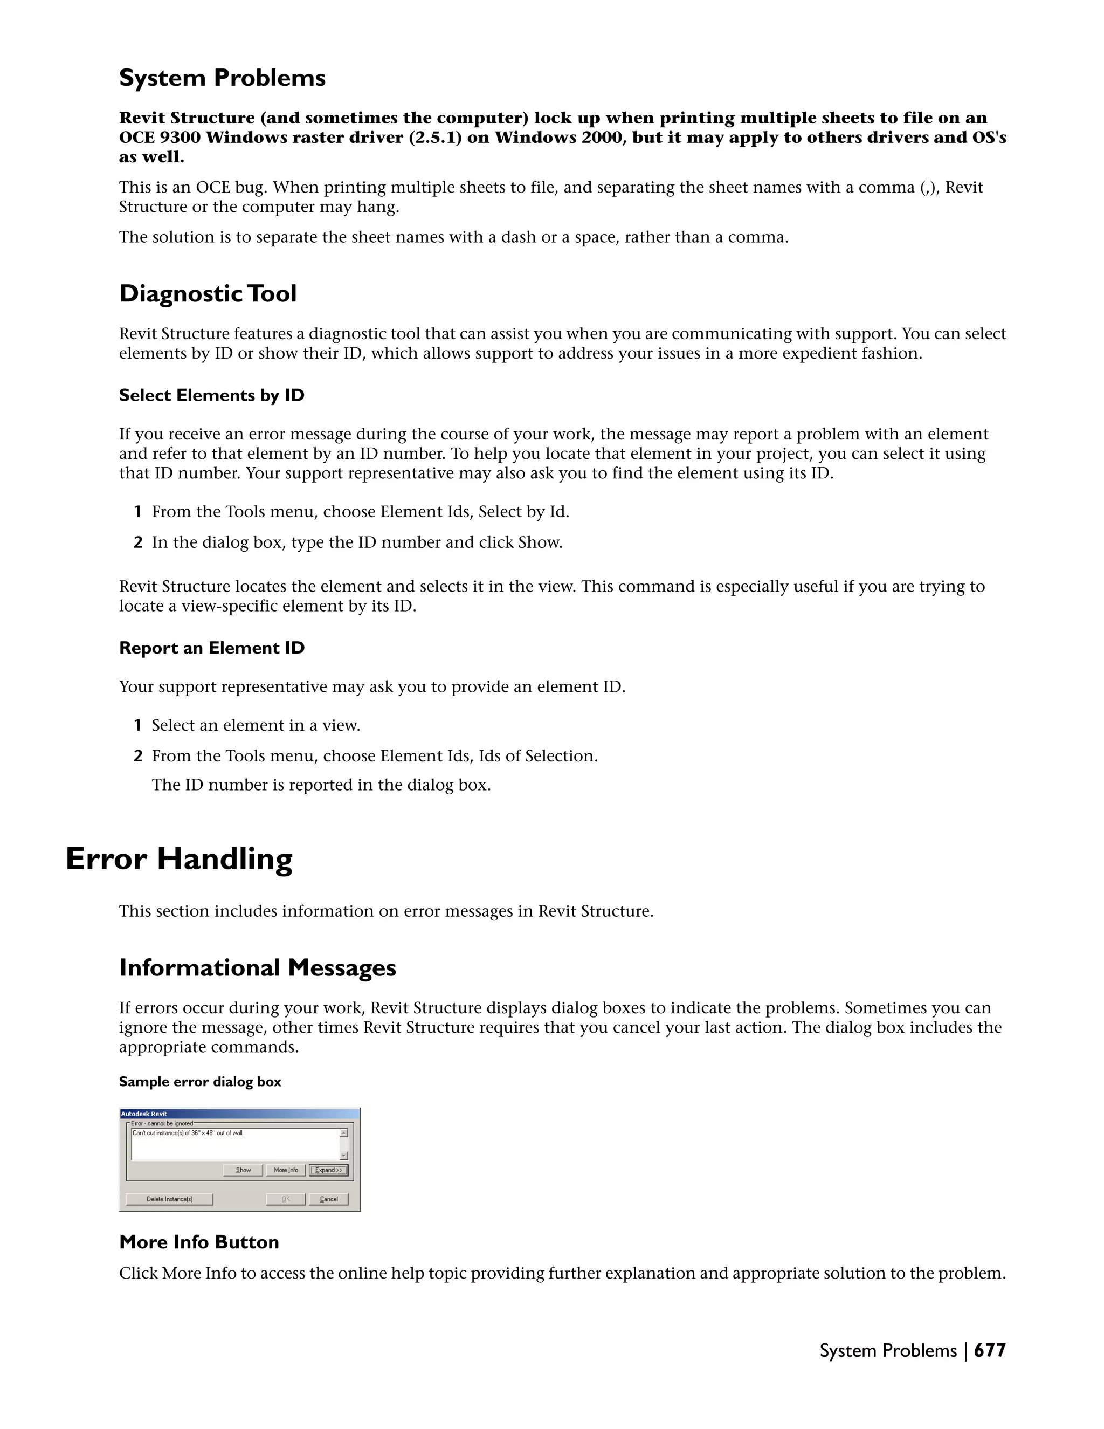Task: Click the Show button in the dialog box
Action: [x=243, y=1170]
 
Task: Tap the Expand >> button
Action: [x=328, y=1170]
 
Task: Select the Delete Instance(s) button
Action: [x=169, y=1199]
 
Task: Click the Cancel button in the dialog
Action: [x=328, y=1199]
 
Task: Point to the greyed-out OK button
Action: [x=286, y=1199]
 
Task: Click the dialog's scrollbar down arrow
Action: [x=344, y=1156]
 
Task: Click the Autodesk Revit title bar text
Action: [x=144, y=1114]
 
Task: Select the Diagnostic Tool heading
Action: [x=208, y=294]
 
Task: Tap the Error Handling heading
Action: [x=178, y=858]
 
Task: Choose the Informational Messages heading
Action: [x=257, y=968]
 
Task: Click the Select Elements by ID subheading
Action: [x=211, y=395]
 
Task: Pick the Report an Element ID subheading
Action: [x=211, y=648]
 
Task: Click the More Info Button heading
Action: [x=199, y=1242]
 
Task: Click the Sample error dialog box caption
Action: [x=199, y=1082]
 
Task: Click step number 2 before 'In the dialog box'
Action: [x=138, y=542]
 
